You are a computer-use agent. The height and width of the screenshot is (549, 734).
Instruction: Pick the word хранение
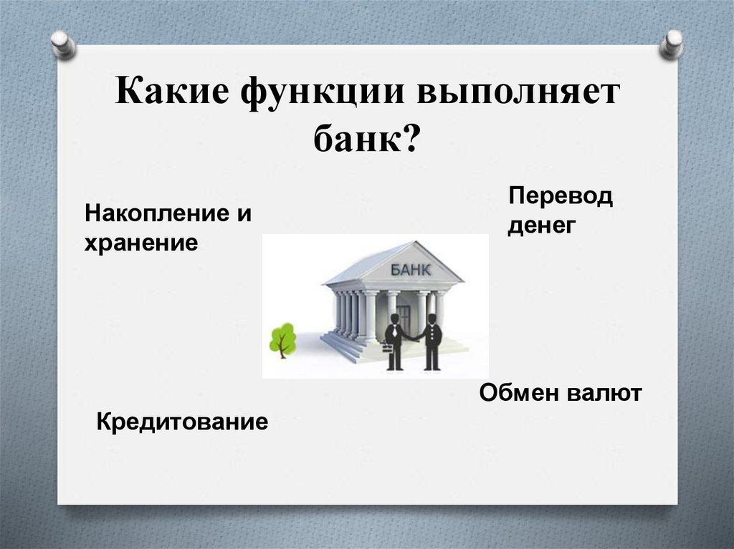pyautogui.click(x=141, y=243)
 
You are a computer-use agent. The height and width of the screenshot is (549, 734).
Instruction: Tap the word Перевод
pyautogui.click(x=561, y=196)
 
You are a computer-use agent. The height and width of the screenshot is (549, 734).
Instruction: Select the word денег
pyautogui.click(x=543, y=225)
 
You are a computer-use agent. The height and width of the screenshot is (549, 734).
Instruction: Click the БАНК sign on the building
pyautogui.click(x=411, y=270)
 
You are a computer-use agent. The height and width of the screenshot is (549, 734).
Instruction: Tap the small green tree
pyautogui.click(x=282, y=339)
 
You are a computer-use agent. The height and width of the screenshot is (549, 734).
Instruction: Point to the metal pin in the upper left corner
pyautogui.click(x=62, y=44)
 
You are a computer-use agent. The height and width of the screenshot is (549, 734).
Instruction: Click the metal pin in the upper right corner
pyautogui.click(x=672, y=44)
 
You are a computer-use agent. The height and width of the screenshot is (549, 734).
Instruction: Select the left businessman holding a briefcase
pyautogui.click(x=394, y=341)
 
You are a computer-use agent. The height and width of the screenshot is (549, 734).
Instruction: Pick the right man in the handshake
pyautogui.click(x=432, y=342)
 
